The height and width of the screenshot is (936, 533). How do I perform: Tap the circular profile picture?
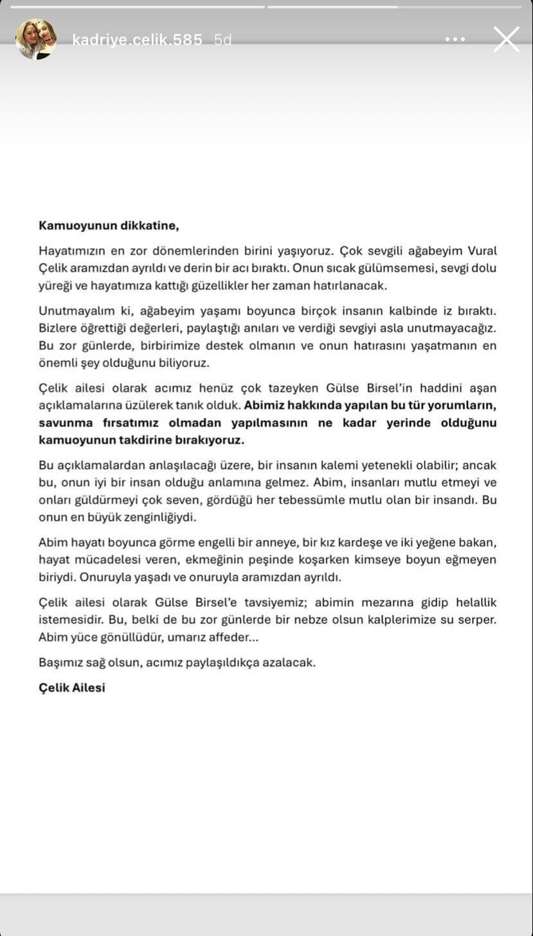(36, 39)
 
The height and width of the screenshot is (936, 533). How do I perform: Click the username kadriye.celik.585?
(137, 40)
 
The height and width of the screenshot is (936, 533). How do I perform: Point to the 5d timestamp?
(222, 40)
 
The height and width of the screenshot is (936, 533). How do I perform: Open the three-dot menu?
(455, 40)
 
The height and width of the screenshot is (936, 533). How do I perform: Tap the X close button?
(506, 39)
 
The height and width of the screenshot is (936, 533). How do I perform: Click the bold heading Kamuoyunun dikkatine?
(108, 225)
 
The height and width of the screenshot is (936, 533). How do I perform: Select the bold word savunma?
(63, 423)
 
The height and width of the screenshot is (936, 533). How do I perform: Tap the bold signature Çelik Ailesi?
(71, 688)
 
